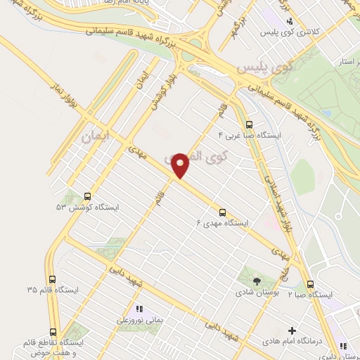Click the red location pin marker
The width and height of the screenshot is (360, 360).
tap(181, 165)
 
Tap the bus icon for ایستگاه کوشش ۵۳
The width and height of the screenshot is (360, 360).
tap(87, 196)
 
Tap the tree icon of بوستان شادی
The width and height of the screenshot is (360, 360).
tap(256, 281)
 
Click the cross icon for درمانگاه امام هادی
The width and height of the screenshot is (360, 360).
tap(292, 330)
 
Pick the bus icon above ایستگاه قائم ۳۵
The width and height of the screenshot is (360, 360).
tap(53, 278)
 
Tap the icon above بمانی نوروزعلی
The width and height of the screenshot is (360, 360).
tap(139, 308)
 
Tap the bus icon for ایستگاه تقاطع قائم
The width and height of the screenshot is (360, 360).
tap(53, 332)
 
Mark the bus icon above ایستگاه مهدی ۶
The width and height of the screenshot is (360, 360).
tap(223, 212)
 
